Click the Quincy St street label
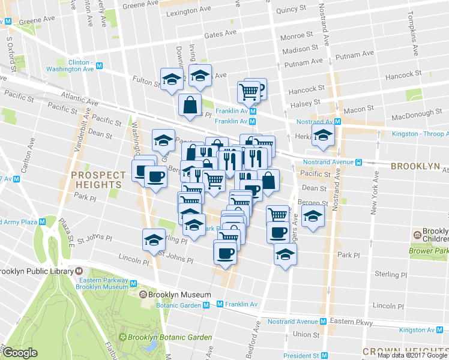(292, 10)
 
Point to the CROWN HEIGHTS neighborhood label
(405, 350)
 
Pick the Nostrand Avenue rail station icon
(358, 161)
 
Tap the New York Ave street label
(373, 192)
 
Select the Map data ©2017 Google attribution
(412, 355)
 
